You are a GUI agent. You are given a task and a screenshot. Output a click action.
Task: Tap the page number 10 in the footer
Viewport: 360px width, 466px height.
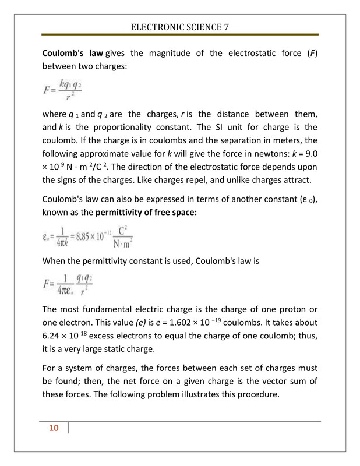click(x=54, y=429)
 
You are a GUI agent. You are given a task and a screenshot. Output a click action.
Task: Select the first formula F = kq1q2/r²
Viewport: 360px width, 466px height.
click(x=62, y=91)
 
